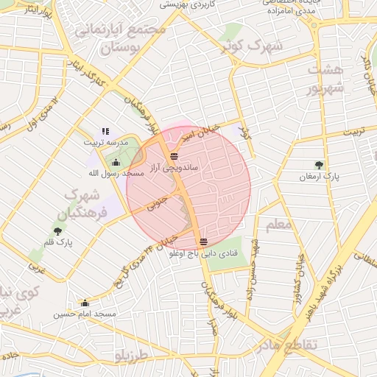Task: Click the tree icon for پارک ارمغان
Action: tap(318, 165)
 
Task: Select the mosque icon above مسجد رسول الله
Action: tap(116, 162)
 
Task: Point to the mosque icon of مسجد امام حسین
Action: tap(85, 303)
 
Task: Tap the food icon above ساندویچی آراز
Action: tap(174, 156)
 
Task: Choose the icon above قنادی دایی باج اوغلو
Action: tap(203, 242)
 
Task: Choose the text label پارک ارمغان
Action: tap(317, 177)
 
